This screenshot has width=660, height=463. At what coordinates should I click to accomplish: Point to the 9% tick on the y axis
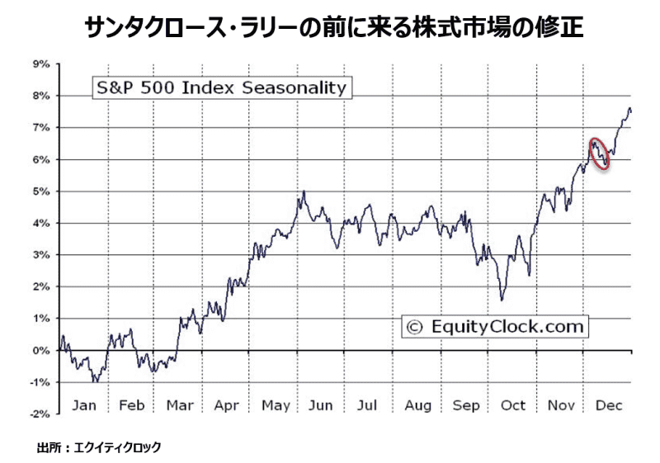pos(41,64)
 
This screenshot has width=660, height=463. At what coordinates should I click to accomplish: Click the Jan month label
pos(85,405)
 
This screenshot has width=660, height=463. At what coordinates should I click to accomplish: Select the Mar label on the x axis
pos(180,405)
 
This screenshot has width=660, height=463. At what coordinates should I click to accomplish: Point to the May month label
pos(276,405)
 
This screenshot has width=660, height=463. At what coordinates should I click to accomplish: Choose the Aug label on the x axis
pos(418,405)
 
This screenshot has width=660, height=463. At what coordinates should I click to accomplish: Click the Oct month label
pos(513,405)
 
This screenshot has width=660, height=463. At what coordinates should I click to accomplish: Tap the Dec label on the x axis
pos(608,405)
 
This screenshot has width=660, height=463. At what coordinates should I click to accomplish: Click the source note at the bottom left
pos(99,447)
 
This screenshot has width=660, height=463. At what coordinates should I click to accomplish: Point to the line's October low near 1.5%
pos(502,300)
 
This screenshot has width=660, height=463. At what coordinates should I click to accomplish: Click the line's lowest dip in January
pos(96,381)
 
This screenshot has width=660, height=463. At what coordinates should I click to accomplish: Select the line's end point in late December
pos(631,111)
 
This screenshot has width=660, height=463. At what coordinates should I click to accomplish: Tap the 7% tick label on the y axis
pos(41,127)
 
